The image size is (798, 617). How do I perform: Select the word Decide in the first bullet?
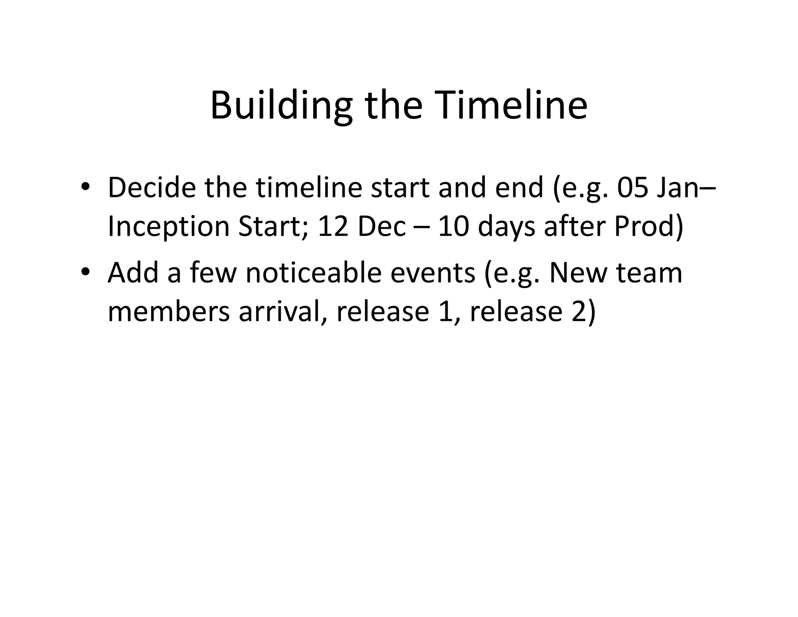[152, 188]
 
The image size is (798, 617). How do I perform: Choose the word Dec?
[382, 227]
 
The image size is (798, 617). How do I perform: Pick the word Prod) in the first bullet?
[649, 227]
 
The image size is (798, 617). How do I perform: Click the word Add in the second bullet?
[133, 273]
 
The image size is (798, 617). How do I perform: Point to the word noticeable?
[314, 273]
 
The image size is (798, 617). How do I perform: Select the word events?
[433, 273]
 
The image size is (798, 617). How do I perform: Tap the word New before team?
[578, 273]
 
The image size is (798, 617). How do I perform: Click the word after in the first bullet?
[575, 227]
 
